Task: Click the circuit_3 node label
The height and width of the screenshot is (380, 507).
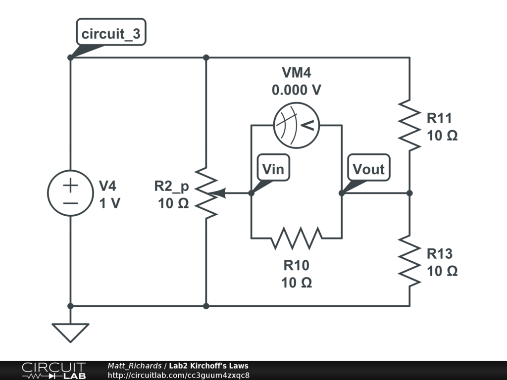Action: (x=111, y=34)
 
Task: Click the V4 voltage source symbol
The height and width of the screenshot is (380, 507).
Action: (x=70, y=193)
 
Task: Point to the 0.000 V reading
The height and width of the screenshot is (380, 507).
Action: (x=296, y=91)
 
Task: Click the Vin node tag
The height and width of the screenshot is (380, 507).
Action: (x=273, y=169)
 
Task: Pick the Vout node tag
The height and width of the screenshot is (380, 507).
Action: (x=368, y=169)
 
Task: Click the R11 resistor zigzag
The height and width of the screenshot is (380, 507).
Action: (x=409, y=125)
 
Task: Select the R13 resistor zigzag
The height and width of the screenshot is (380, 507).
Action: (x=409, y=260)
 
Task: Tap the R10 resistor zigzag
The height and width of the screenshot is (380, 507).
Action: (x=296, y=237)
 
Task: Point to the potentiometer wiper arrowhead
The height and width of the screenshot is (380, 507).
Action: (x=221, y=193)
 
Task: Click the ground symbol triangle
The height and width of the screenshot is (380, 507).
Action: (x=70, y=332)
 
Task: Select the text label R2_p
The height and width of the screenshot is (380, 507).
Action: (x=171, y=186)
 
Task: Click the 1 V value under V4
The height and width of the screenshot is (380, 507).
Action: (x=109, y=203)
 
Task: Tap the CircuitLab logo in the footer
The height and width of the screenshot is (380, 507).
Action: (x=53, y=371)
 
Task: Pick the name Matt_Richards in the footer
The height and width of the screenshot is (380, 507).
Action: (x=134, y=366)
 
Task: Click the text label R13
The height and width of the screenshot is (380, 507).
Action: (x=440, y=254)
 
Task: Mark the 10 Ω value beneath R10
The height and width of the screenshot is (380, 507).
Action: (x=296, y=283)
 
